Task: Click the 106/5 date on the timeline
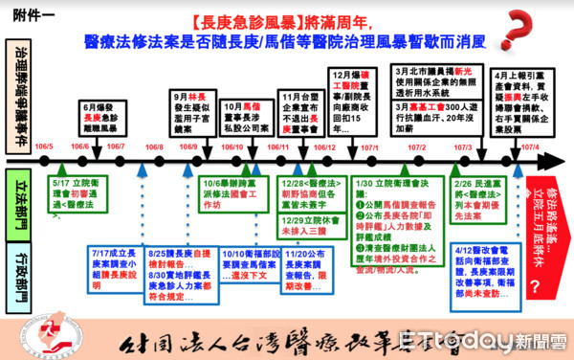[43, 146]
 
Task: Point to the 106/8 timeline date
[154, 146]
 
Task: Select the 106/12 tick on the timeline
[324, 146]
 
